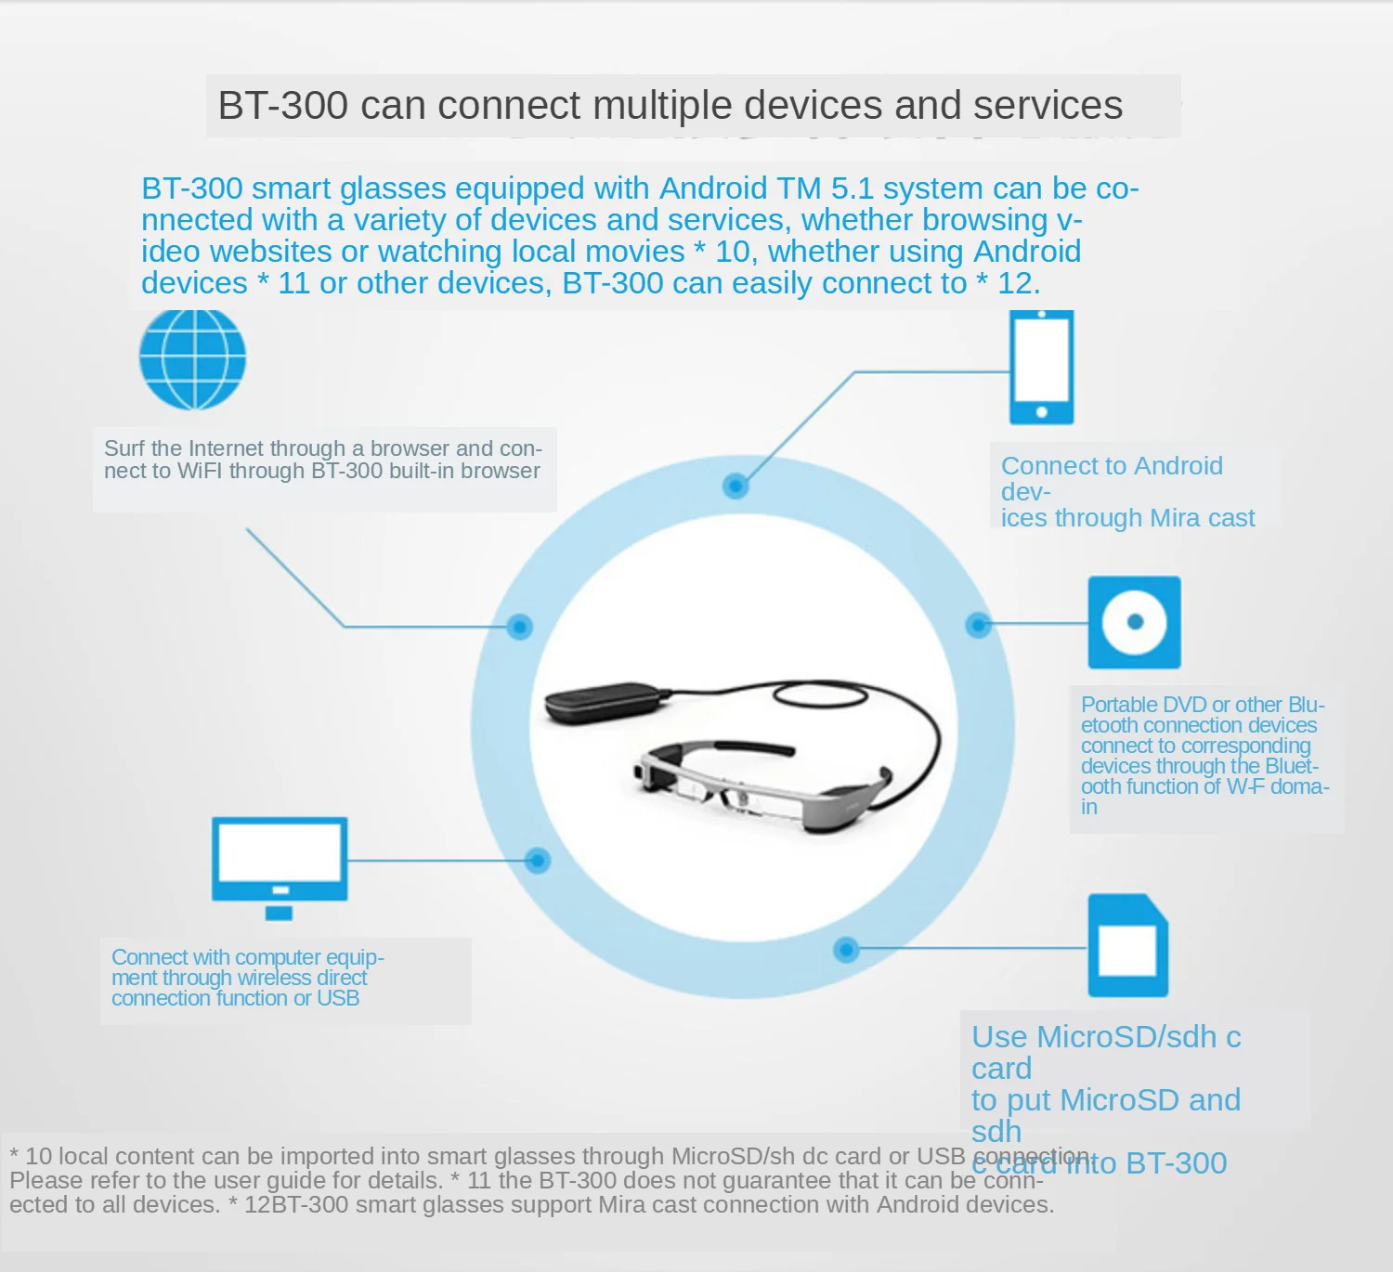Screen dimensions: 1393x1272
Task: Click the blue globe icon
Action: (192, 360)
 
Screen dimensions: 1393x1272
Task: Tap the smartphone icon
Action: (1041, 368)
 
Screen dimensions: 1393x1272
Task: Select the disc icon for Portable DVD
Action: (1134, 622)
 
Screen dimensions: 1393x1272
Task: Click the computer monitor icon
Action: (280, 863)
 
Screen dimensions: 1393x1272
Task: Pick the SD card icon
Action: (1127, 945)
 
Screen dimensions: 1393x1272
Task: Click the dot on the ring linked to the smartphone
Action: (736, 485)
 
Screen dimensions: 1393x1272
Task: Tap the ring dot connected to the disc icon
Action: (978, 625)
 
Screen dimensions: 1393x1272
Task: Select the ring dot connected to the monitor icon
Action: (537, 861)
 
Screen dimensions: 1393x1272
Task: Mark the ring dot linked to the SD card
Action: (846, 950)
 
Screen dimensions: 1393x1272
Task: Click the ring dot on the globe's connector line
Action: (520, 627)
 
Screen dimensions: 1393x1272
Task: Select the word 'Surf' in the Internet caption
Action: (124, 448)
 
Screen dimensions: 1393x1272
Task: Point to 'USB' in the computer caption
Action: (337, 998)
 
